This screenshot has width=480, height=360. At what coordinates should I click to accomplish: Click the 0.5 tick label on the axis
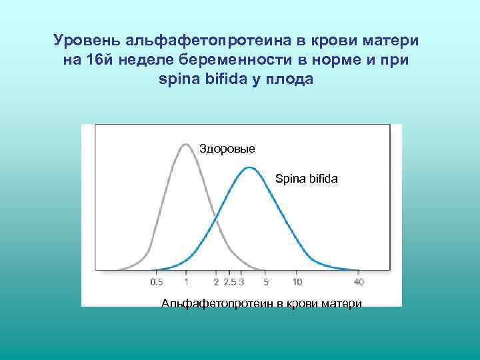[x=157, y=282]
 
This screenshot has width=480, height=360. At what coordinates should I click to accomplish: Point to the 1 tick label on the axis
[x=186, y=282]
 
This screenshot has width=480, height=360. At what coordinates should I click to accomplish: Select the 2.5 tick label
[x=230, y=282]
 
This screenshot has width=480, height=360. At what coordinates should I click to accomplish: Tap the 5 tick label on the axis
[x=265, y=282]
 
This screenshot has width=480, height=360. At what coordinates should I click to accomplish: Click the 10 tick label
[x=297, y=282]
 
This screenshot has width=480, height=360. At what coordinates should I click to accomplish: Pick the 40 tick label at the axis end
[x=359, y=282]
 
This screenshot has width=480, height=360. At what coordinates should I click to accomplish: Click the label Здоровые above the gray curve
[x=227, y=148]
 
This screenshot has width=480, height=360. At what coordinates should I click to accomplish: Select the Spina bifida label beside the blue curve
[x=307, y=179]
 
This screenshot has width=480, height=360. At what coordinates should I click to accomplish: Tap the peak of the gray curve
[x=186, y=144]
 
